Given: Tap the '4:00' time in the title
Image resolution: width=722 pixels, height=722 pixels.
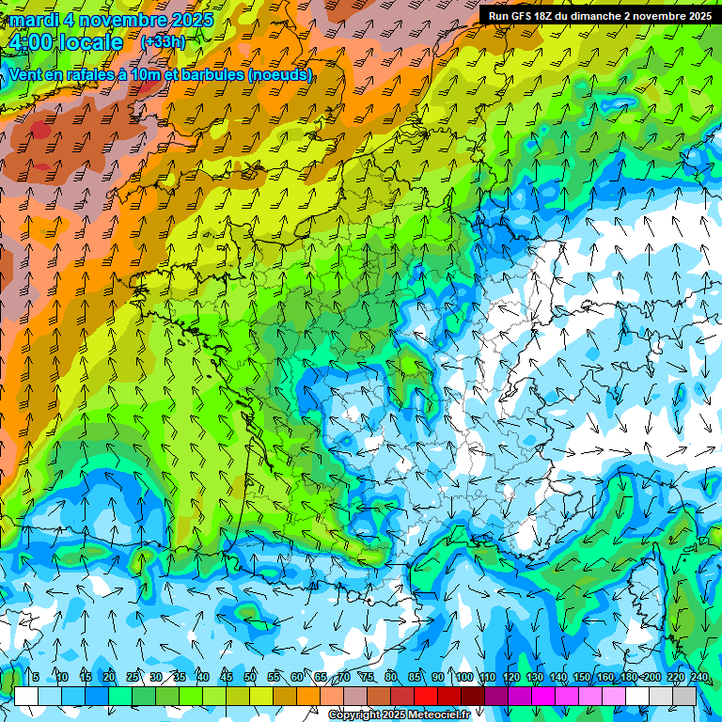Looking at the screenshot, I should coord(31,42).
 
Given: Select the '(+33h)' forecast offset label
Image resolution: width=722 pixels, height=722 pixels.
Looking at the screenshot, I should coord(163,41).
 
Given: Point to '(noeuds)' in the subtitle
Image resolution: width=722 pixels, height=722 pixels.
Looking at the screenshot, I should coord(281,74).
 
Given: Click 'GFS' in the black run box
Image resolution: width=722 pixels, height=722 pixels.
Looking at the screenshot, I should coord(521,16).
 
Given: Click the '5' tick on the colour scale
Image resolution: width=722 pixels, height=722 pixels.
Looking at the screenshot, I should coord(36,677).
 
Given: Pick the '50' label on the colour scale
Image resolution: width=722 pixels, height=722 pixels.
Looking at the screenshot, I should coord(250,677).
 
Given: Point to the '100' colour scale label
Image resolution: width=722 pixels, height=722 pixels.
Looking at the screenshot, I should coord(463,677).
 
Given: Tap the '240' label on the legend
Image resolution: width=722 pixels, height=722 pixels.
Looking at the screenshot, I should coord(698,677).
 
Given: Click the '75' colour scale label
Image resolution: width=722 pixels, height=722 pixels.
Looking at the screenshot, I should coord(368,677).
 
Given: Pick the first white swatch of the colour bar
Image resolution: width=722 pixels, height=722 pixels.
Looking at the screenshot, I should coord(26,696).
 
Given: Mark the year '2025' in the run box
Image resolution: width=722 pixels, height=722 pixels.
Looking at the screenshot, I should coord(698,16).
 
